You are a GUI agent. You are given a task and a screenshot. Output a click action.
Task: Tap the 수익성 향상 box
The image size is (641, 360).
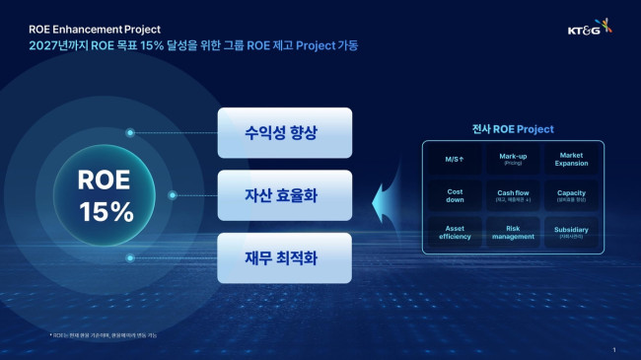point(270,132)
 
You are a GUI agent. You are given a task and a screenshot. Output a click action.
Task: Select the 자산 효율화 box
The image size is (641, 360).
point(270,195)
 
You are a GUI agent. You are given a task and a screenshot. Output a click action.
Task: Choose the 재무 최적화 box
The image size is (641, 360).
point(270,258)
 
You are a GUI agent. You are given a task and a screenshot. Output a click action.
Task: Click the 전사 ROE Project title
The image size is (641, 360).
point(513,129)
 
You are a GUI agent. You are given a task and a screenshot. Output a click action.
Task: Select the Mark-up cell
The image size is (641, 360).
point(513,159)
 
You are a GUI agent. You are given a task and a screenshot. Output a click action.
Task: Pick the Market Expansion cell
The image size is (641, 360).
point(572,159)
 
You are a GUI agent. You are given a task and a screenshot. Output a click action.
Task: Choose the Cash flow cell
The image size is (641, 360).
point(513,195)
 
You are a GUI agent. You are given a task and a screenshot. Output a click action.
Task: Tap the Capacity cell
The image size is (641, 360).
point(572,195)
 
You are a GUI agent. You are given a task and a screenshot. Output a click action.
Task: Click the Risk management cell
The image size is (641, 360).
point(513,233)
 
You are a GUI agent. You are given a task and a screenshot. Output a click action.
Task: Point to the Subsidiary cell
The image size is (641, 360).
point(572,233)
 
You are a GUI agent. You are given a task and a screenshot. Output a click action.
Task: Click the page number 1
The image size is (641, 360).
point(613,350)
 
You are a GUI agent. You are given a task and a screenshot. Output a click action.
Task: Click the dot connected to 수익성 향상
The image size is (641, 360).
point(130,132)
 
